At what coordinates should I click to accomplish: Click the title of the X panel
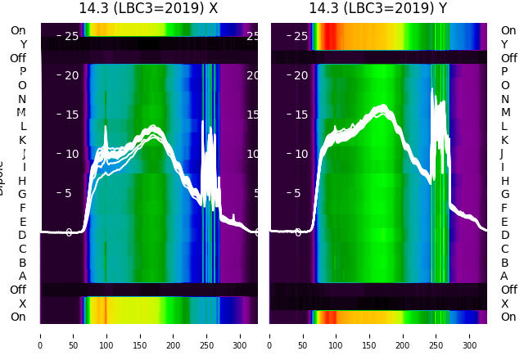(148, 9)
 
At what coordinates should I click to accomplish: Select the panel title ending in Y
(378, 9)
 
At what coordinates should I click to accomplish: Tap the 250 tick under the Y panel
(437, 335)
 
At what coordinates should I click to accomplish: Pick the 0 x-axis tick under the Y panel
(270, 335)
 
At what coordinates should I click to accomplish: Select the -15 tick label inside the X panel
(69, 115)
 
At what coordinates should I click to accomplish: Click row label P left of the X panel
(22, 72)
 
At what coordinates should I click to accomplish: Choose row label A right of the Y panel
(504, 276)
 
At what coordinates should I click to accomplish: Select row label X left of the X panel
(22, 304)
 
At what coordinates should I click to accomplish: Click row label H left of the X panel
(22, 181)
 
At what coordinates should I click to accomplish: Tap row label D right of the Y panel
(504, 235)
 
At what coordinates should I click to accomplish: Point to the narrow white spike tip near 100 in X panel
(106, 128)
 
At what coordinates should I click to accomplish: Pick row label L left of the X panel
(22, 126)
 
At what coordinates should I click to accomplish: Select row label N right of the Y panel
(504, 99)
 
